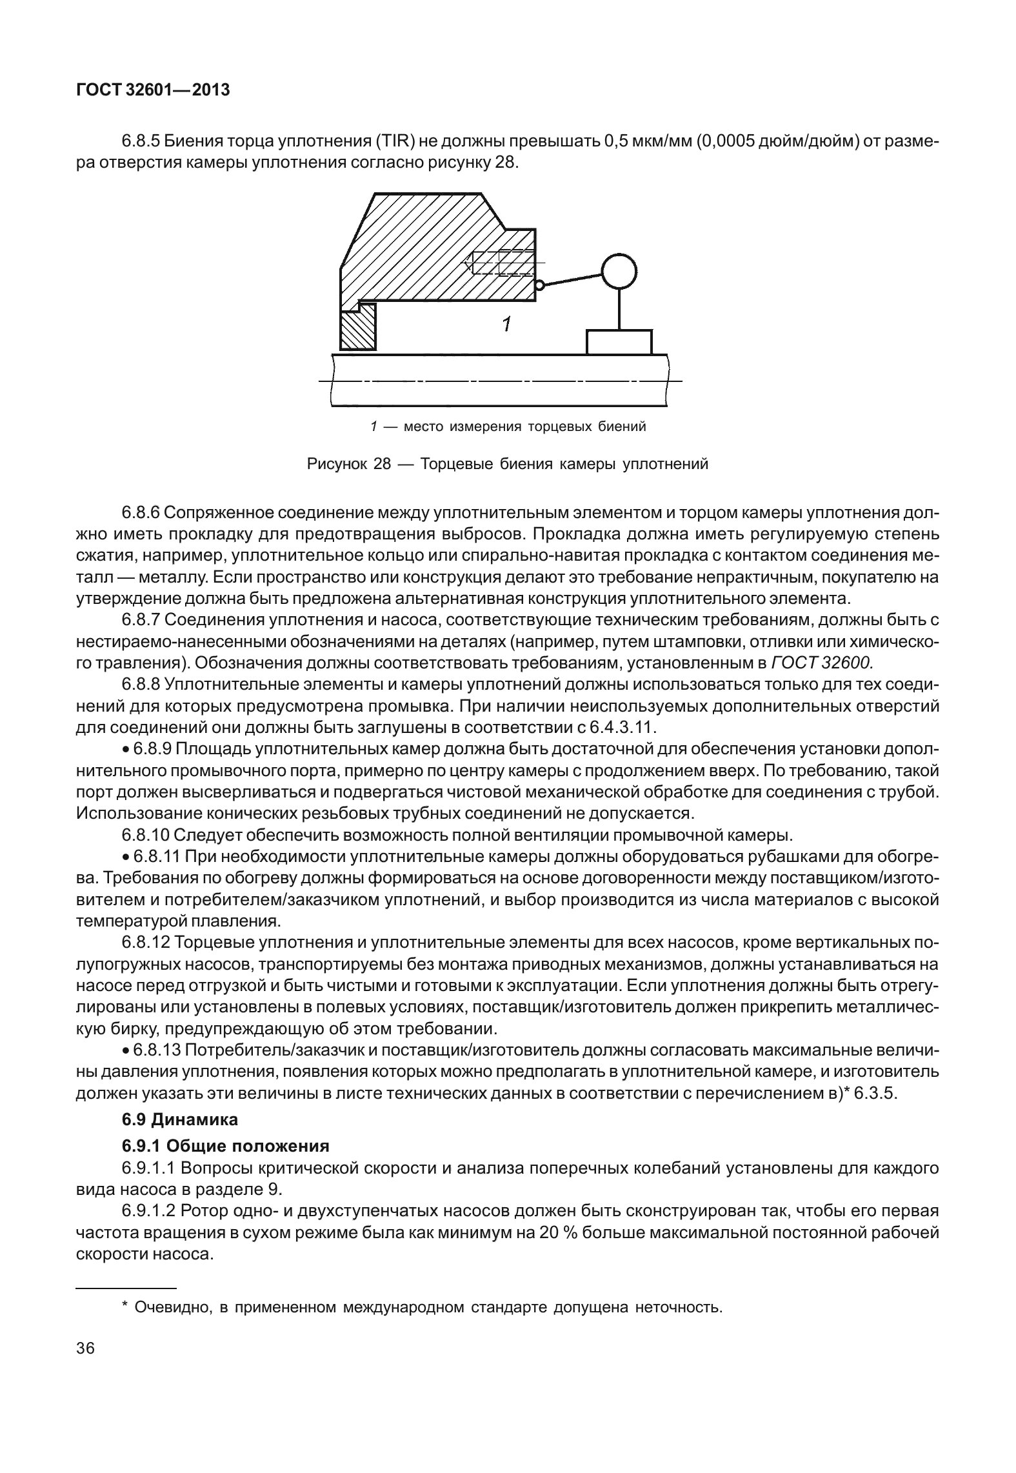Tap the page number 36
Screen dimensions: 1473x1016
click(85, 1348)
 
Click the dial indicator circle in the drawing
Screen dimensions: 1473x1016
click(619, 271)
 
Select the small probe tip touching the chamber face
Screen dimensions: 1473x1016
click(540, 284)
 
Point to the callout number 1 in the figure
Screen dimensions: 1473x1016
click(507, 325)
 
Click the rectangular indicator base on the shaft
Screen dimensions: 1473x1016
click(619, 342)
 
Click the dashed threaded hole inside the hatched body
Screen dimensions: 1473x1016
click(500, 263)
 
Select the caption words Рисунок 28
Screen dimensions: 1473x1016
click(348, 464)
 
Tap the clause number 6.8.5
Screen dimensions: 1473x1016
click(140, 141)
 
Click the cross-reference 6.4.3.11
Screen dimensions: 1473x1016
click(623, 728)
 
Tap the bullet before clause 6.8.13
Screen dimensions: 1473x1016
click(126, 1050)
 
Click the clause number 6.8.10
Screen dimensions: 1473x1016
click(145, 835)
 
